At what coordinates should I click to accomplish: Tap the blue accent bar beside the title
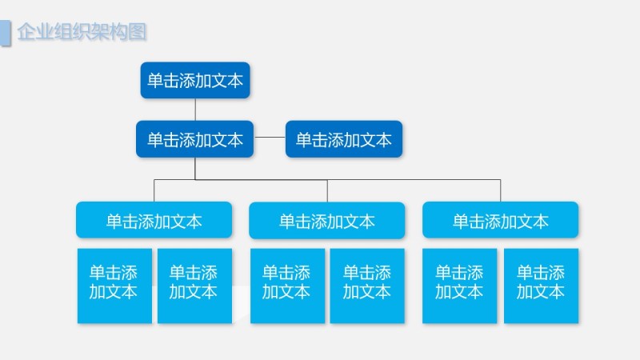[x=5, y=33]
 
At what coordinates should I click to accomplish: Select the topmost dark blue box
[x=195, y=80]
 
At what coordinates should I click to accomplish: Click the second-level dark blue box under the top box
[x=195, y=139]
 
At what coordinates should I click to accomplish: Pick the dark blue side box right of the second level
[x=344, y=139]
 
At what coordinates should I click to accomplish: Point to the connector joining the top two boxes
[x=195, y=110]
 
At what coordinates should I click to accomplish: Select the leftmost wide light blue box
[x=154, y=220]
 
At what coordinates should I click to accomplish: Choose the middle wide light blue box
[x=327, y=220]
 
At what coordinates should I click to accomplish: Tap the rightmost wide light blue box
[x=500, y=220]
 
